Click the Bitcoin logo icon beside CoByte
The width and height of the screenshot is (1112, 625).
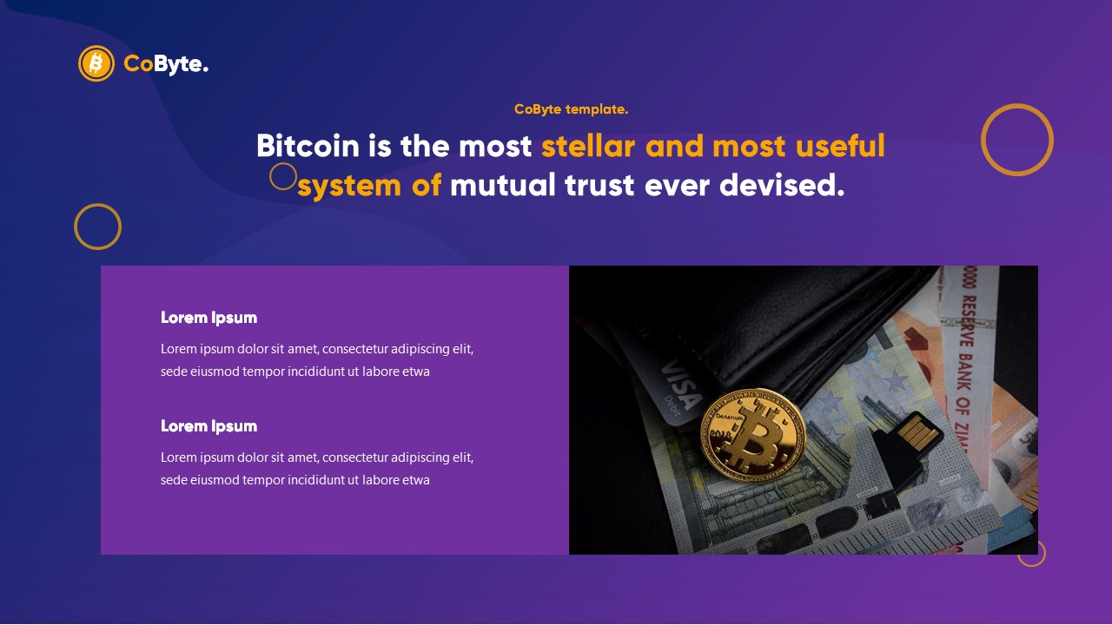[x=96, y=63]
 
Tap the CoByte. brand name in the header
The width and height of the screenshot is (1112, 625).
[x=166, y=63]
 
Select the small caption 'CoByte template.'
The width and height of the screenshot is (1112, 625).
[x=571, y=109]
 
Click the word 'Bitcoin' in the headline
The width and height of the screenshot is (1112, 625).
[x=308, y=146]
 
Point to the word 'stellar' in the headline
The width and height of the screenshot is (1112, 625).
[x=588, y=146]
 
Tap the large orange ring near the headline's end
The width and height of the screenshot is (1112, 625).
[x=1017, y=140]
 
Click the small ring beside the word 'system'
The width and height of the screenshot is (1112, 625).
[x=283, y=176]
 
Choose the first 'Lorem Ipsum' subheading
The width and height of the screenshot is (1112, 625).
[x=208, y=318]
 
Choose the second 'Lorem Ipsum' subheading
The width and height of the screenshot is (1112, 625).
[x=208, y=426]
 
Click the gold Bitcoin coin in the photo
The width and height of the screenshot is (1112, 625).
[x=752, y=431]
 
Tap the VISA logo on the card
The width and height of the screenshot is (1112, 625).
[x=681, y=385]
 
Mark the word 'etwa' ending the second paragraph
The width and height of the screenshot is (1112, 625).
[x=415, y=480]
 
